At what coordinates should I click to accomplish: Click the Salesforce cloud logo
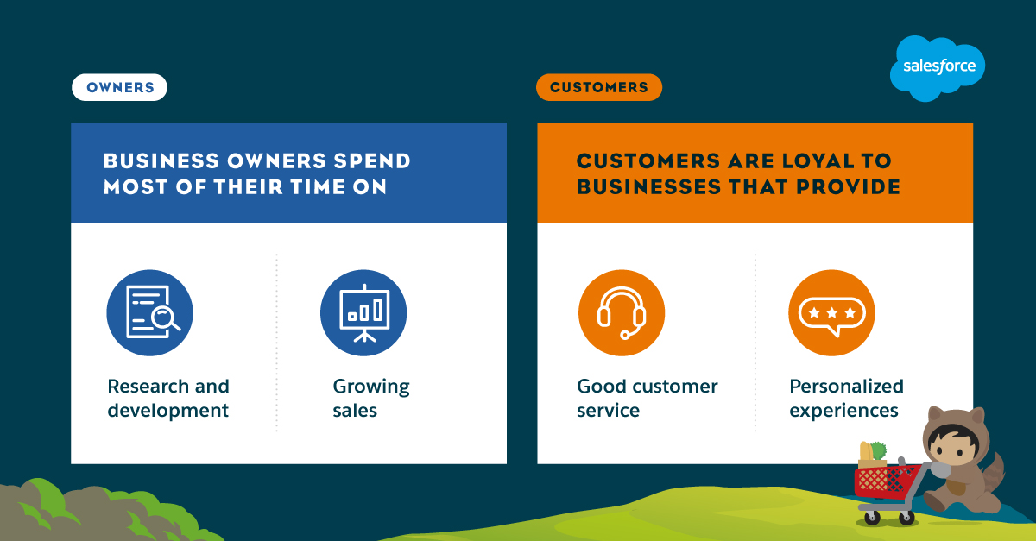pos(938,68)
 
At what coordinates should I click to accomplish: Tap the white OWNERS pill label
pos(119,87)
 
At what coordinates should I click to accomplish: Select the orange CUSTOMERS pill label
pos(599,87)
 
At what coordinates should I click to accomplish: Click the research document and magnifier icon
pos(150,313)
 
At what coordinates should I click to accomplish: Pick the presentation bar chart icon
pos(363,313)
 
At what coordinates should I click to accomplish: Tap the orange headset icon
pos(622,313)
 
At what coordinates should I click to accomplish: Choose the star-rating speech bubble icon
pos(831,313)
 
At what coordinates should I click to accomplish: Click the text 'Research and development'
pos(168,398)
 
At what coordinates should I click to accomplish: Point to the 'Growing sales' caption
pos(371,398)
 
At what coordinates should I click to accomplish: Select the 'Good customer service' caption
pos(647,398)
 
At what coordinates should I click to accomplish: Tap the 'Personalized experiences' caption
pos(846,398)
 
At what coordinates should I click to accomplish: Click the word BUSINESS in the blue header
pos(161,160)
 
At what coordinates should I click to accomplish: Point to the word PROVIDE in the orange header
pos(848,187)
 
